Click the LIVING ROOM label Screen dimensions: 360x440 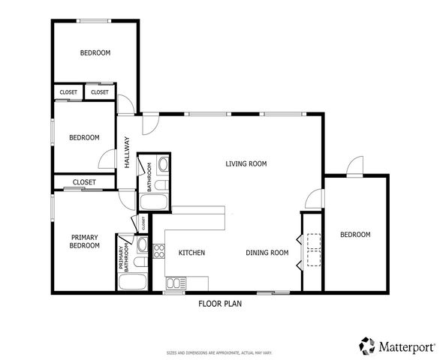[x=246, y=163]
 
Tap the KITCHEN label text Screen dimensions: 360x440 [x=191, y=253]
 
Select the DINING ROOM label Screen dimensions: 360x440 [x=267, y=253]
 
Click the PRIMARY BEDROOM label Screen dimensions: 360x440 [x=84, y=241]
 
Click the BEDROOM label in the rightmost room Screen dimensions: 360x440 [x=355, y=235]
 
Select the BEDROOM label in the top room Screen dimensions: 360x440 [x=95, y=53]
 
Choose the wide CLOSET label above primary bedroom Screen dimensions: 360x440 [x=84, y=182]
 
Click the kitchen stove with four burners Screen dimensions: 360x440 [x=158, y=250]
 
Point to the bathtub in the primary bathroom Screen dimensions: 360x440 [x=135, y=283]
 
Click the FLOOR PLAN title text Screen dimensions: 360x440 [x=220, y=304]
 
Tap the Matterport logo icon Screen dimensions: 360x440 [x=366, y=346]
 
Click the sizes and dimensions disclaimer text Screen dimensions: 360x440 [x=218, y=352]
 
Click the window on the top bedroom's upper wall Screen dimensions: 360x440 [x=94, y=20]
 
